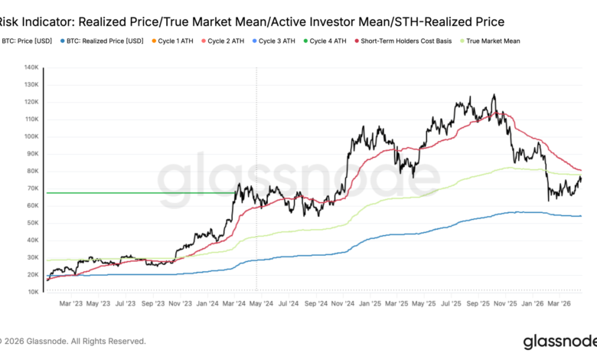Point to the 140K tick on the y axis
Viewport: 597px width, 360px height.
(x=31, y=67)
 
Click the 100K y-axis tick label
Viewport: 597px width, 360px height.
(x=31, y=136)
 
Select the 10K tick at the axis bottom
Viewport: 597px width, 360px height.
(x=34, y=292)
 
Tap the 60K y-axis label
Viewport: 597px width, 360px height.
(x=34, y=205)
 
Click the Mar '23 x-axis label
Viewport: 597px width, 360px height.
(x=71, y=303)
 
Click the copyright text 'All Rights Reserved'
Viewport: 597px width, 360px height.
(x=106, y=342)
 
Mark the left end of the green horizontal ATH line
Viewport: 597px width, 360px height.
(x=48, y=192)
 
